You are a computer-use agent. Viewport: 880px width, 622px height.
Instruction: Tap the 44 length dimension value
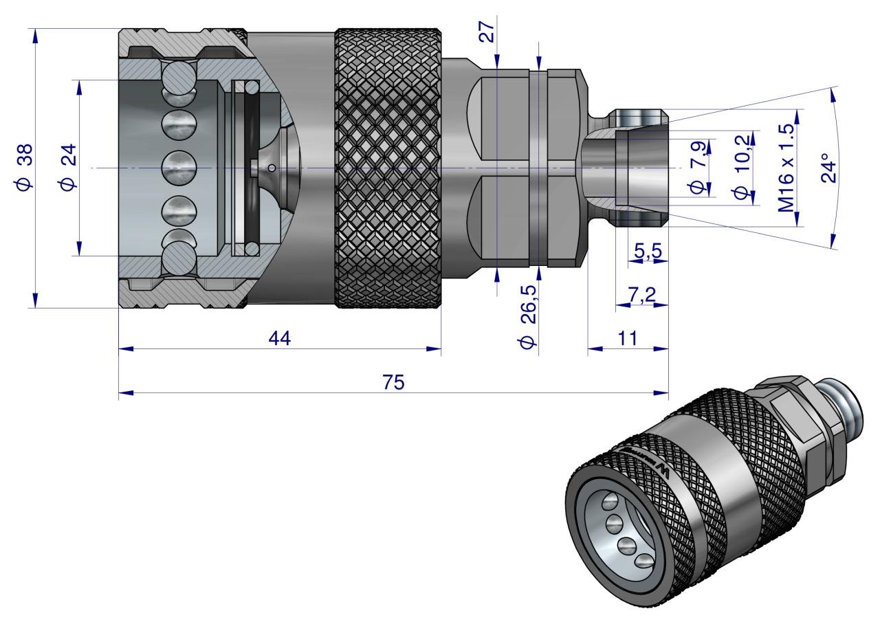280,338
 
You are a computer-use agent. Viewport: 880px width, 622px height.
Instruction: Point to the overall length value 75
393,383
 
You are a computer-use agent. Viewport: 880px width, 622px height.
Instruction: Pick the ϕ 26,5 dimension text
529,313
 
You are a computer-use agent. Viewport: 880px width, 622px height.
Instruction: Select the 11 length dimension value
628,338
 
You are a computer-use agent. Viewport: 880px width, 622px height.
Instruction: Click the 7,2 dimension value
641,295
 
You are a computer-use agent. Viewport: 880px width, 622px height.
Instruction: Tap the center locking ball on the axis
179,168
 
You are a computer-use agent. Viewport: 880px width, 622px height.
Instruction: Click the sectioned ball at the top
179,76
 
